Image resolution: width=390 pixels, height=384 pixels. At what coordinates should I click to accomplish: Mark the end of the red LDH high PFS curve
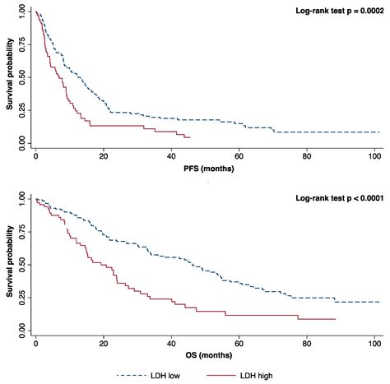pos(191,136)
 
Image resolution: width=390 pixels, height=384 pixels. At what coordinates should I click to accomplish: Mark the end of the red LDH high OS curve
pos(336,319)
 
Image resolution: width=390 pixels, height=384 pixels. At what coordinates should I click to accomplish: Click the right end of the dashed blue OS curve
pos(379,302)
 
